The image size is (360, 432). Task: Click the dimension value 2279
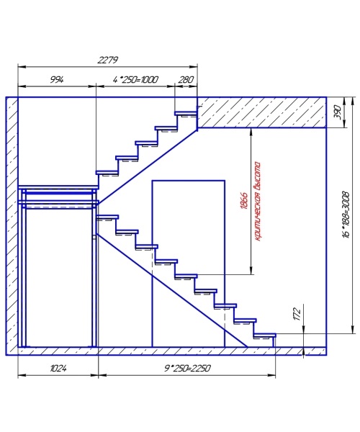click(x=108, y=60)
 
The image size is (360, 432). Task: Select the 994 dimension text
click(x=57, y=80)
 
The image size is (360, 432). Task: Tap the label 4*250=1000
click(x=135, y=80)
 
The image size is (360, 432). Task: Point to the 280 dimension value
click(x=186, y=80)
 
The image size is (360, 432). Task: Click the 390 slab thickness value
click(x=338, y=112)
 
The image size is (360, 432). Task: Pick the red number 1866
click(x=245, y=201)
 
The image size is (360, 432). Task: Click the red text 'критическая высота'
click(x=257, y=202)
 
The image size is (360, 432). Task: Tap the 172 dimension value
click(x=297, y=314)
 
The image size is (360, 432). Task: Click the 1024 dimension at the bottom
click(x=58, y=369)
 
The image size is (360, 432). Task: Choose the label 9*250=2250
click(x=187, y=369)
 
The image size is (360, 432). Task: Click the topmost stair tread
click(x=186, y=113)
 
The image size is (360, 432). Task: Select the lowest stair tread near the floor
click(x=265, y=335)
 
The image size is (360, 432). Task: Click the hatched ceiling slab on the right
click(x=261, y=112)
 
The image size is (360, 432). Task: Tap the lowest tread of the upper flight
click(x=107, y=173)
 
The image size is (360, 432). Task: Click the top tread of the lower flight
click(x=107, y=217)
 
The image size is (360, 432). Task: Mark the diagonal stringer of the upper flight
click(x=147, y=167)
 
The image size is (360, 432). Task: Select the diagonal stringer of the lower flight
click(x=171, y=290)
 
